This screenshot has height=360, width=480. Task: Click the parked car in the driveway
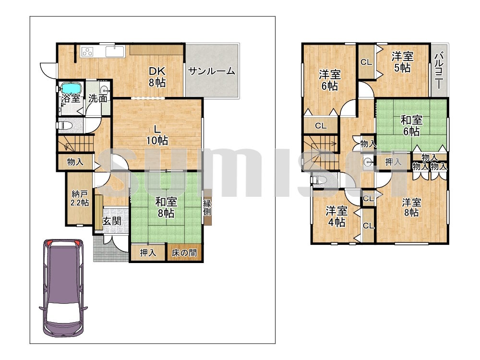pyautogui.click(x=63, y=288)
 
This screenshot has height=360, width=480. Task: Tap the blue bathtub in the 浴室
pyautogui.click(x=71, y=88)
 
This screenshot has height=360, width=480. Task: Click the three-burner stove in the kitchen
pyautogui.click(x=88, y=51)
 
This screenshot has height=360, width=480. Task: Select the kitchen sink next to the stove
pyautogui.click(x=115, y=51)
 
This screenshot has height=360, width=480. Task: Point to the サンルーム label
pyautogui.click(x=212, y=72)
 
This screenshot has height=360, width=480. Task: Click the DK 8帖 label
pyautogui.click(x=157, y=77)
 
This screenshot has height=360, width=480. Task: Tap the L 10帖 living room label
pyautogui.click(x=157, y=135)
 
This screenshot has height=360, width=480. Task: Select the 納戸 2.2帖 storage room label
pyautogui.click(x=80, y=198)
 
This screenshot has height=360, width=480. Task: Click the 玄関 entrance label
pyautogui.click(x=111, y=221)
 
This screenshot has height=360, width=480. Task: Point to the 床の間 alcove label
pyautogui.click(x=184, y=252)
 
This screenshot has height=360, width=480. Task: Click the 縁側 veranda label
pyautogui.click(x=207, y=207)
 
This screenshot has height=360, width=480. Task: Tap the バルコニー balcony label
pyautogui.click(x=439, y=70)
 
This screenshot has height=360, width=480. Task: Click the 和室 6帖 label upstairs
pyautogui.click(x=411, y=125)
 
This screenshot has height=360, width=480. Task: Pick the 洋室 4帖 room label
pyautogui.click(x=336, y=216)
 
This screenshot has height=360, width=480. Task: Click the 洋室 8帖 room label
pyautogui.click(x=411, y=207)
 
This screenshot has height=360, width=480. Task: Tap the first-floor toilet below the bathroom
pyautogui.click(x=65, y=125)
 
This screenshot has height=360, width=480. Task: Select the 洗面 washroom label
pyautogui.click(x=98, y=98)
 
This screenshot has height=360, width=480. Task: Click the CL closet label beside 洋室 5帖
pyautogui.click(x=366, y=62)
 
